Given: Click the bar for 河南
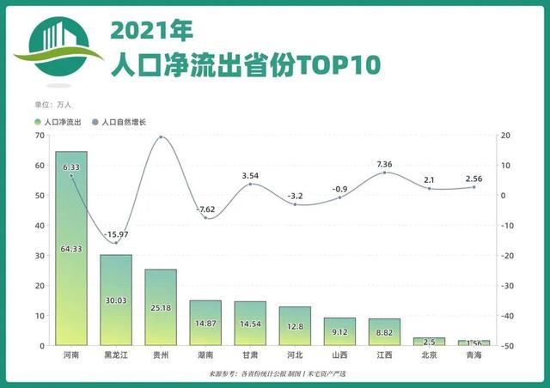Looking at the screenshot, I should point(71,258).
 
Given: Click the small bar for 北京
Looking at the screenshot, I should point(429,342).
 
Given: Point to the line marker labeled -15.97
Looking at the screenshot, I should point(116,243).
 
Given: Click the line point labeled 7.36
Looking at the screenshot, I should point(384,173).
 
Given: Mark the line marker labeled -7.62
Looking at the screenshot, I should point(205,218).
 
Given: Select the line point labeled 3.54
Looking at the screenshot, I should point(250,185).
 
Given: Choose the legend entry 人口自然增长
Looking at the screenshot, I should point(119,123).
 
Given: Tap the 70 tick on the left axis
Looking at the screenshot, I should point(40,136).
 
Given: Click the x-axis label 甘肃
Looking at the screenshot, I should point(250,354).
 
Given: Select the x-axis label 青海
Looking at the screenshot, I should point(474,354).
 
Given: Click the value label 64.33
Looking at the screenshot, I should point(71,249).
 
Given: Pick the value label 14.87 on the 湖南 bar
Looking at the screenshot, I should point(205,324).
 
